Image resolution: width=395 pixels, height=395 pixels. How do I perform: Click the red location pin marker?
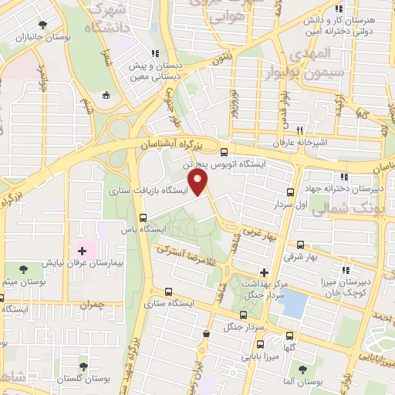tap(200, 183)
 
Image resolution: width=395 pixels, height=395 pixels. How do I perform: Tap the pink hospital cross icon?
tap(83, 252)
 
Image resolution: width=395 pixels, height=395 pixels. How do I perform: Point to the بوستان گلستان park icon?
tap(84, 367)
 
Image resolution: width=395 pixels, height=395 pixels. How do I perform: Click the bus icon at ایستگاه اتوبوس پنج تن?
tap(224, 152)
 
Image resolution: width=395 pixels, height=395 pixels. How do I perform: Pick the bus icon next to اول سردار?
tap(290, 193)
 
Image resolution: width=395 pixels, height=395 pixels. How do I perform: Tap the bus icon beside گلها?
tap(289, 336)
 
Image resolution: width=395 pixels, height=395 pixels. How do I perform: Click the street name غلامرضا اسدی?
tap(183, 253)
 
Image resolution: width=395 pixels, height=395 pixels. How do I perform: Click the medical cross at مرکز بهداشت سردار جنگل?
tap(264, 272)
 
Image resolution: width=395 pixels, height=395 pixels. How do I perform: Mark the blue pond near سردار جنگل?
tap(292, 306)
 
